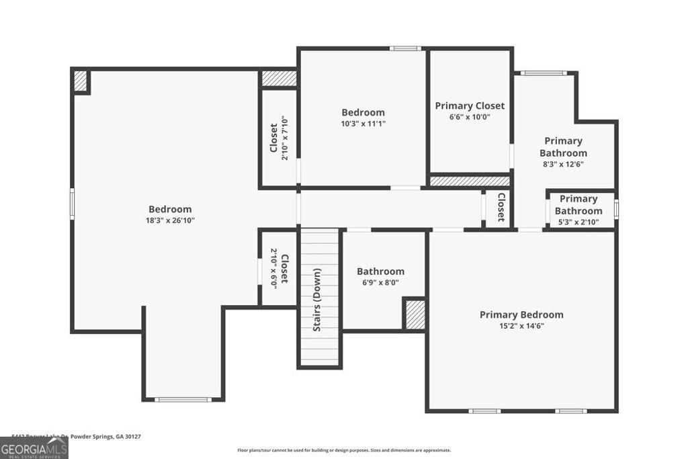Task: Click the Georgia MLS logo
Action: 34,448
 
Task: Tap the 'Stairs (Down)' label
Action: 316,299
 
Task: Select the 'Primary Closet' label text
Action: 470,106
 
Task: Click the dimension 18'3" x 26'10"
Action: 170,220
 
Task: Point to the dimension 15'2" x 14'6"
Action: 521,326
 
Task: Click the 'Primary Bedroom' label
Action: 521,315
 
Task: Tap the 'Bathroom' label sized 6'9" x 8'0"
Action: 380,272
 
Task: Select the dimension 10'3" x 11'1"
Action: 363,124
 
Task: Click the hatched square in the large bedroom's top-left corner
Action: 81,81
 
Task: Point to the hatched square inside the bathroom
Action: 415,315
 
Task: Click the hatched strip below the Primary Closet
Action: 470,181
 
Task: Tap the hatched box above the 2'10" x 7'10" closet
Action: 279,78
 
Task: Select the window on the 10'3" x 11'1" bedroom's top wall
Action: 405,48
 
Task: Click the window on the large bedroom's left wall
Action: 72,204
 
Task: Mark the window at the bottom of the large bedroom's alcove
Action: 182,400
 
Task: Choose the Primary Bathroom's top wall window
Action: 544,73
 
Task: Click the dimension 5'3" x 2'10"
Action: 576,222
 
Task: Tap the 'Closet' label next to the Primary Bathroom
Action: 501,208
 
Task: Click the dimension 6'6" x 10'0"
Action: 470,117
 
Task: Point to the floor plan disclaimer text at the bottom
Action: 344,450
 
